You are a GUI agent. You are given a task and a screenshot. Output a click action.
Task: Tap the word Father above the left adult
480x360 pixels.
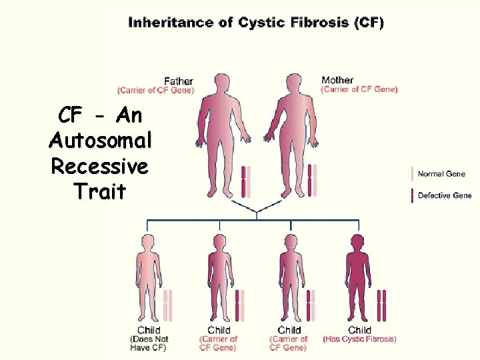[179, 81]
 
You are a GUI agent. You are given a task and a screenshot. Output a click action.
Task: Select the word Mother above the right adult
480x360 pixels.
[337, 81]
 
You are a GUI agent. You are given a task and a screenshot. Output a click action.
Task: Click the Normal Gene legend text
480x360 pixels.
[441, 174]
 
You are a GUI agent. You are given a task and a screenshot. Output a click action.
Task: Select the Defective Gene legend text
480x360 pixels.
[445, 195]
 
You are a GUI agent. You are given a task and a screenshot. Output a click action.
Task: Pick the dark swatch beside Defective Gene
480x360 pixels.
[413, 195]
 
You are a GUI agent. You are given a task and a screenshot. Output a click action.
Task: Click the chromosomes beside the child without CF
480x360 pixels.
[168, 305]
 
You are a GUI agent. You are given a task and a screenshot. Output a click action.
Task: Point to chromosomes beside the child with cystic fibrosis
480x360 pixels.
[381, 305]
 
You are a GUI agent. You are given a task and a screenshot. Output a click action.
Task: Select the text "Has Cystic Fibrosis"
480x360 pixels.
[360, 339]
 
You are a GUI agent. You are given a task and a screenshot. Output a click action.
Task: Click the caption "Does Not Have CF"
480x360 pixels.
[149, 343]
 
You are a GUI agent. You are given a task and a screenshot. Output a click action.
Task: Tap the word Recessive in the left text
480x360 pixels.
[99, 166]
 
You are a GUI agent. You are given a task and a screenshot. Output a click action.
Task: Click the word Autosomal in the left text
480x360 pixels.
[101, 141]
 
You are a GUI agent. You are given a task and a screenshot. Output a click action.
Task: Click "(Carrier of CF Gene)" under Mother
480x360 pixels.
[359, 89]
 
